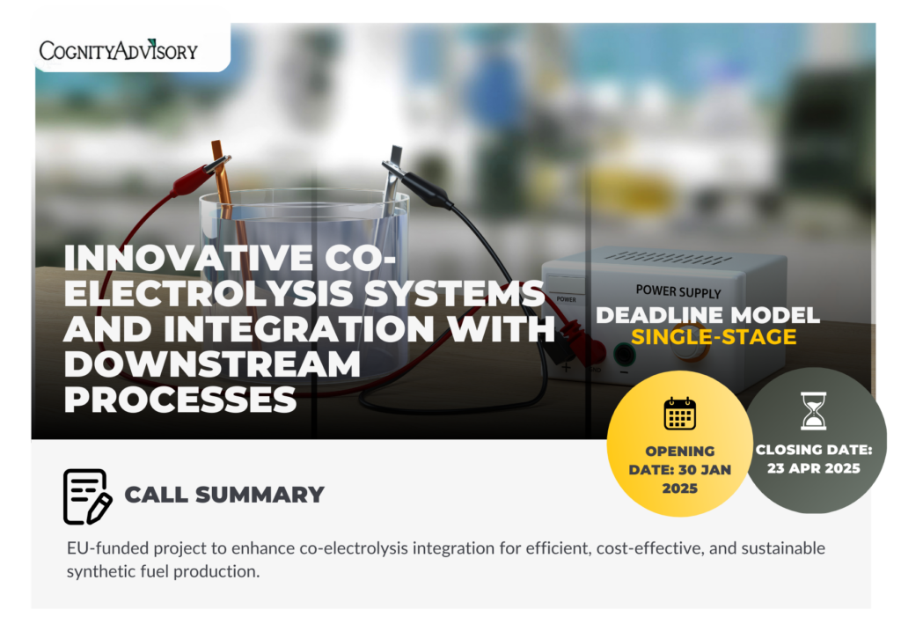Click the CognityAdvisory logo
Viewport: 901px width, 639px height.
(x=119, y=50)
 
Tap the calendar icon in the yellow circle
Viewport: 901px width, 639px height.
(x=680, y=413)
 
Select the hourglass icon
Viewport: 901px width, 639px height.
(x=814, y=411)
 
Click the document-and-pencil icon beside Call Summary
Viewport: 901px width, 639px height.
(x=87, y=496)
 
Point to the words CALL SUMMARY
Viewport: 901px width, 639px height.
(x=224, y=495)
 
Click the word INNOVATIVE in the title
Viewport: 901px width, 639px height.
(x=188, y=257)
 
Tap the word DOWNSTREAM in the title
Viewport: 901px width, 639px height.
(x=212, y=364)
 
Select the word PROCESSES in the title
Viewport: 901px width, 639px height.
(x=179, y=400)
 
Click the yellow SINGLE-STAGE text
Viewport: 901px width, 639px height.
(x=714, y=337)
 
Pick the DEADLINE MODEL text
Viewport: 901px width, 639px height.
(x=708, y=315)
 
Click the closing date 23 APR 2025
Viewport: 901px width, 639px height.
(x=814, y=468)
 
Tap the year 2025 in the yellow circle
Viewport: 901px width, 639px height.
(x=680, y=488)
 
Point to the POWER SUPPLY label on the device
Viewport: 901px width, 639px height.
(x=678, y=291)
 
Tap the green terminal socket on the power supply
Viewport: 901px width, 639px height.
(x=624, y=355)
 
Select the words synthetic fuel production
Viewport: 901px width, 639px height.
(x=163, y=572)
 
